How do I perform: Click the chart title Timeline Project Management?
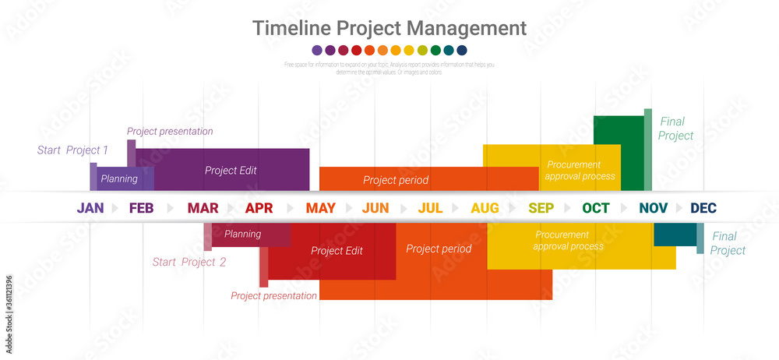pos(389,28)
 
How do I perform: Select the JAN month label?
pos(90,208)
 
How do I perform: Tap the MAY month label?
pos(320,208)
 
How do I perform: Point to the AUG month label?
pos(485,208)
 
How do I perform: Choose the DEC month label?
pos(703,208)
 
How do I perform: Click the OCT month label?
pos(596,208)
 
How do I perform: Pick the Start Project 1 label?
pos(72,150)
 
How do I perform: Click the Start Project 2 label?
pos(189,262)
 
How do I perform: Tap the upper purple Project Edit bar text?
pos(231,170)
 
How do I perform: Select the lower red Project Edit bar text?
pos(337,251)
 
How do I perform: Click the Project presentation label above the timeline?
pos(170,132)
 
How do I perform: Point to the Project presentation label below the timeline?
pos(273,296)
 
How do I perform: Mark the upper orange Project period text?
pos(396,180)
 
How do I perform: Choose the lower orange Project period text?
pos(439,249)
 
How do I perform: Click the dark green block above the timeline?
pos(618,129)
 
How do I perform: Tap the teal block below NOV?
pos(675,234)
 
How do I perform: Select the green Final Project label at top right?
pos(675,129)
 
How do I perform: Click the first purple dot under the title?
pos(317,50)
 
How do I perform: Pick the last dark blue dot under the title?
pos(462,50)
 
